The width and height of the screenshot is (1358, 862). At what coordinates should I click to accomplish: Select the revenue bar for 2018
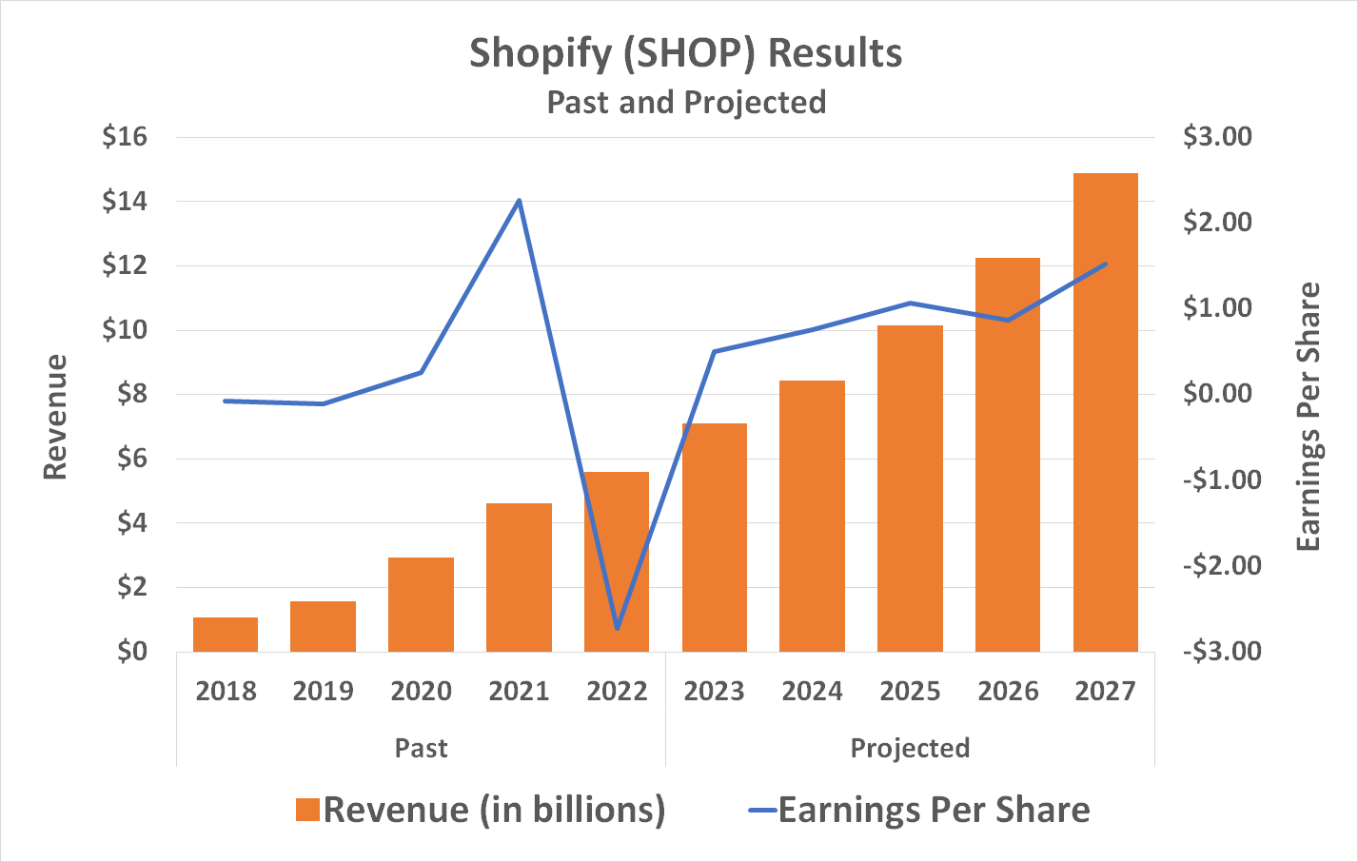(226, 635)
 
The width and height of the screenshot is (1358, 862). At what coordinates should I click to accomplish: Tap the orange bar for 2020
(421, 604)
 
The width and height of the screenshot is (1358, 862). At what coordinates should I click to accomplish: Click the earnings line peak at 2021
(519, 201)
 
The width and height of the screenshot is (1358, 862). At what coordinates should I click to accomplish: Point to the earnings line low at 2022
(618, 628)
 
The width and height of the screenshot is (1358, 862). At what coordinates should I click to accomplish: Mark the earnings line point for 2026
(1008, 320)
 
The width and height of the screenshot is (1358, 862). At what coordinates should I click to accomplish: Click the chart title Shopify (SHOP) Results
(685, 53)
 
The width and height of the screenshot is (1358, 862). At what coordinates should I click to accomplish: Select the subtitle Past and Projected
(686, 102)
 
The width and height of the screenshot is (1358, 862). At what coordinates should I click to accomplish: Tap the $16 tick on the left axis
(126, 137)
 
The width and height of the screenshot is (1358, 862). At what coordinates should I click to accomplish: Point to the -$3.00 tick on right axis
(1222, 652)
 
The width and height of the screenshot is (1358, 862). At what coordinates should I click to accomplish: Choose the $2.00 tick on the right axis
(1217, 223)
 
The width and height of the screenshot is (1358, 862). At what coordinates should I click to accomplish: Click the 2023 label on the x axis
(714, 691)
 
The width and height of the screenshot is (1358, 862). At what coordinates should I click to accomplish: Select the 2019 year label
(323, 691)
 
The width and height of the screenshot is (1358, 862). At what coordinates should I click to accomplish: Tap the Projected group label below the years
(910, 748)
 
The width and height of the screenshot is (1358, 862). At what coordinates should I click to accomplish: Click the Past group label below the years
(421, 748)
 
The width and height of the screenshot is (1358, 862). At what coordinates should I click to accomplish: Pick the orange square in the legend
(306, 810)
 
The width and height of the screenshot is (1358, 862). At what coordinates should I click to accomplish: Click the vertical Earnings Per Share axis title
(1309, 416)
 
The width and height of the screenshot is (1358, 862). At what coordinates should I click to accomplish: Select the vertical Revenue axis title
(55, 417)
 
